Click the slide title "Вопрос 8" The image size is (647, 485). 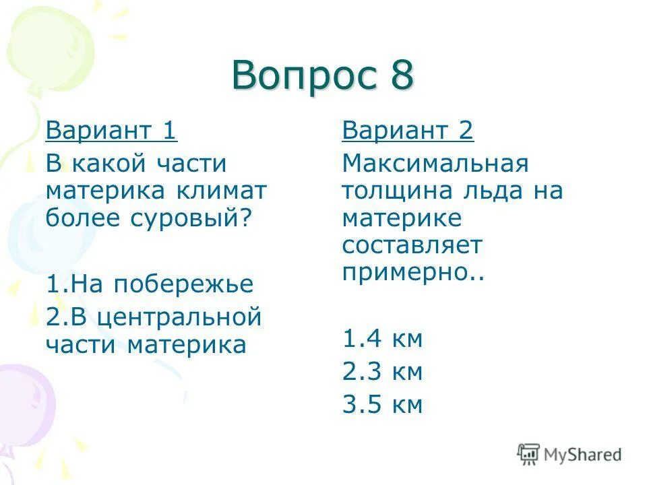[x=323, y=75]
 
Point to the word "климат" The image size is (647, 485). [x=222, y=191]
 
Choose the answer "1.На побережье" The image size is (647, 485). [x=150, y=284]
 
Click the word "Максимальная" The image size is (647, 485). [x=435, y=164]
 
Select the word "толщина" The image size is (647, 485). [x=394, y=191]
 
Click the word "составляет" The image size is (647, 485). [x=412, y=245]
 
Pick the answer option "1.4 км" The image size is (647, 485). [x=382, y=338]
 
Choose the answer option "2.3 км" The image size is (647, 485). [x=382, y=371]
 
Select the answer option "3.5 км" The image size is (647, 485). [x=382, y=404]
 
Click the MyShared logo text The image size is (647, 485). [x=582, y=455]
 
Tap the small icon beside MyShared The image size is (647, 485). [x=528, y=454]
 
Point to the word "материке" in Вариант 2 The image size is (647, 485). [x=402, y=218]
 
